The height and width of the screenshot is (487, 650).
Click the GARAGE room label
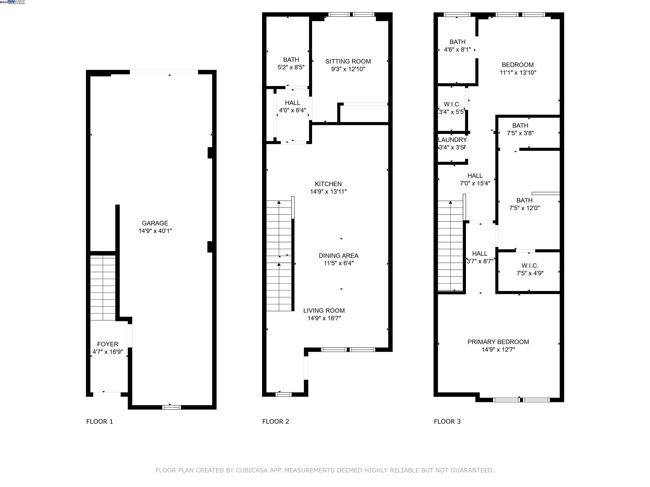155,223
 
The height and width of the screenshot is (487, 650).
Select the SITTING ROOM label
348,61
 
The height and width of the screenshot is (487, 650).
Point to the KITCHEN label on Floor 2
328,184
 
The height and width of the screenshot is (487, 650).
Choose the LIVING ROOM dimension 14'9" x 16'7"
324,318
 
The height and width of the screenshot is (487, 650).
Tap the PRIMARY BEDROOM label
498,342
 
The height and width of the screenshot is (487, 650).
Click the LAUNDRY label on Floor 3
452,140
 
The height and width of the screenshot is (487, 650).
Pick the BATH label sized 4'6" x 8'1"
457,42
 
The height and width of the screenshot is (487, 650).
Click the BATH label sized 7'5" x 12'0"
524,200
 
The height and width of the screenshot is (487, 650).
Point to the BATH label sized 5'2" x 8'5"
291,60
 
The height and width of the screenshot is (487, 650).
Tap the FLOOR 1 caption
100,421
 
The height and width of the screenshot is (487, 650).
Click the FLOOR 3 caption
447,421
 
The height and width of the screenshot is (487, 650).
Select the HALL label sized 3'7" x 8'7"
480,253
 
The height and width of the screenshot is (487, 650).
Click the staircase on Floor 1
103,288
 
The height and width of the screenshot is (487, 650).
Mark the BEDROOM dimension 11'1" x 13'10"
518,72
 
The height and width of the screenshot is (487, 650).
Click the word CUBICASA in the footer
252,470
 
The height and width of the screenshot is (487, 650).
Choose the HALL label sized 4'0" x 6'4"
292,103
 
